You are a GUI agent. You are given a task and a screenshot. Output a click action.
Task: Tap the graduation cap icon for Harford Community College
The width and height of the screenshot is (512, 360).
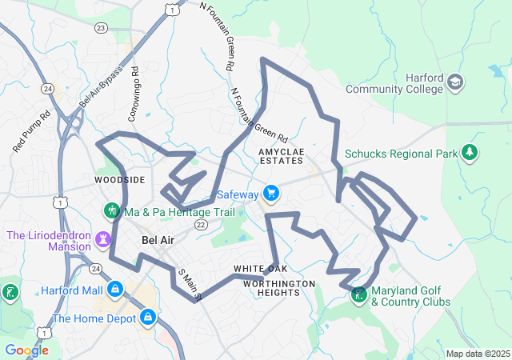pos(455,82)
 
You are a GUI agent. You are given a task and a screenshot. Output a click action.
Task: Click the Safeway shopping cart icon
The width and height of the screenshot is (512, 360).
pos(271,193)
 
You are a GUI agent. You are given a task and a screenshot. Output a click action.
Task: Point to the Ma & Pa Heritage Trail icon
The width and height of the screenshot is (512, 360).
pos(111,211)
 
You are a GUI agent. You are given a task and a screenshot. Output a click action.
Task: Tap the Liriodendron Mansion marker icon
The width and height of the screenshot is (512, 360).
pos(103,239)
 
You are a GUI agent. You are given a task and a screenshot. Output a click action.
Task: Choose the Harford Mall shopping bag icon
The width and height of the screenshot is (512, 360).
pos(115,288)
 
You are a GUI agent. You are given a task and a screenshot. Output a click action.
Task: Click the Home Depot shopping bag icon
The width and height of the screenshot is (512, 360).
pos(147,318)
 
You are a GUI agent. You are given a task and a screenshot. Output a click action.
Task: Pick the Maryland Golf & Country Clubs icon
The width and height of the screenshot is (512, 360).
pos(358,295)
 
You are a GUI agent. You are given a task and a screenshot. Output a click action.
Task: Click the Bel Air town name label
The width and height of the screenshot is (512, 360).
pos(157,240)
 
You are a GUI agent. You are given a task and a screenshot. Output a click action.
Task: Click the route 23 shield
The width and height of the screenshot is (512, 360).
pos(101,27)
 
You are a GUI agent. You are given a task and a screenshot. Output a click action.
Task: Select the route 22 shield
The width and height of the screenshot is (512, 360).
pos(200,226)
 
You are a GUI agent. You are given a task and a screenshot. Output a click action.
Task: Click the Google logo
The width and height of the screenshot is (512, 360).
pos(26,350)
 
